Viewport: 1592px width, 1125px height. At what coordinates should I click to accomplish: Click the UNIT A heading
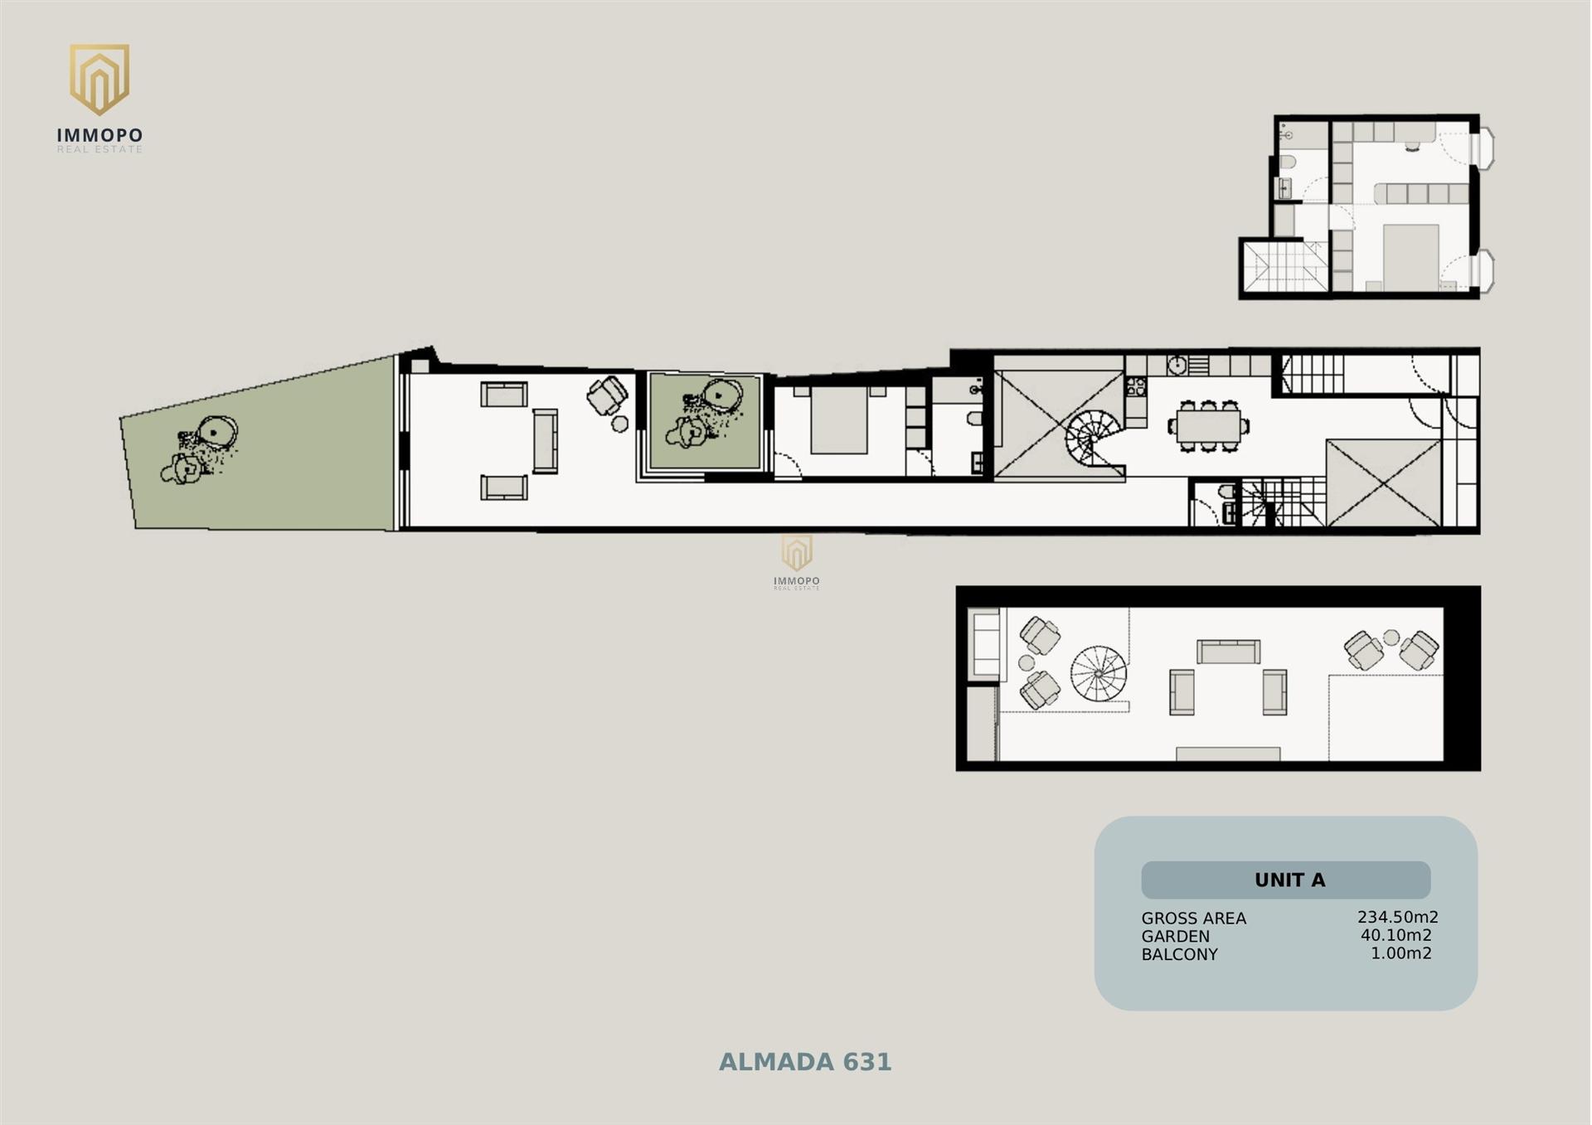coord(1289,880)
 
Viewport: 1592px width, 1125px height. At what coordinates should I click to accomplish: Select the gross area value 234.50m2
coord(1397,917)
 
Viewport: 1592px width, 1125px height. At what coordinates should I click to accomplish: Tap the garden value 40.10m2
coord(1396,935)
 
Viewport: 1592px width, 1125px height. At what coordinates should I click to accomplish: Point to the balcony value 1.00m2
coord(1400,953)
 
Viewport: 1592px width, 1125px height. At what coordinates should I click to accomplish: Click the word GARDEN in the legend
coord(1175,936)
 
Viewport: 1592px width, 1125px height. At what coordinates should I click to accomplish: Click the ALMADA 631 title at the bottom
coord(804,1062)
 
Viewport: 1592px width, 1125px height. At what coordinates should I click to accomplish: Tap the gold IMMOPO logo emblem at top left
coord(99,79)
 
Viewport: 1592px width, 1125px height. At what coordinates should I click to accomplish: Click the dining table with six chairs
coord(1209,426)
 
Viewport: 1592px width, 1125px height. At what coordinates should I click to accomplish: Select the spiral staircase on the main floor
coord(1093,440)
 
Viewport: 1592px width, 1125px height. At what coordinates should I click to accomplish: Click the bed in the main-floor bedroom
coord(839,419)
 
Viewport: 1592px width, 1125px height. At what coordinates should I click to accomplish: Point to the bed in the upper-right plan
coord(1410,256)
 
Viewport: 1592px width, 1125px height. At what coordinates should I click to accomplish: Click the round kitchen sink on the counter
coord(1177,365)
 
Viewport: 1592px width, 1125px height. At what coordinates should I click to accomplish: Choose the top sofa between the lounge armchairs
coord(1228,652)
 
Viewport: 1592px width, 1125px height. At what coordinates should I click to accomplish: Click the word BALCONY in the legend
coord(1179,954)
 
